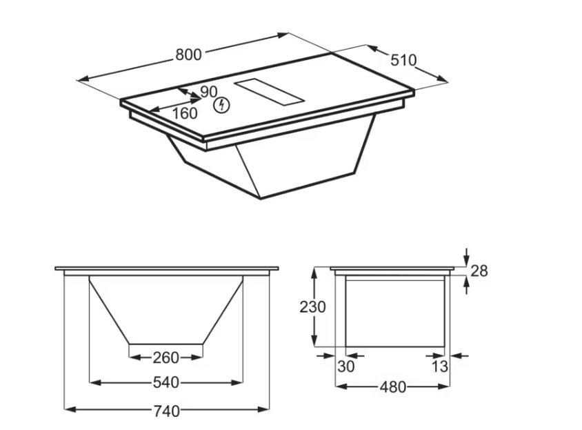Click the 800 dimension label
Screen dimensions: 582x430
click(188, 55)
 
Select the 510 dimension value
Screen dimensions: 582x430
click(403, 60)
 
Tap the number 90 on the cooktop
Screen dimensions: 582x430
click(209, 92)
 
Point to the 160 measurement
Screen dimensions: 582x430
click(185, 113)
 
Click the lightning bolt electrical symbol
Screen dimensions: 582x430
click(221, 105)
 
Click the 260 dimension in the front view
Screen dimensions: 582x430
click(166, 358)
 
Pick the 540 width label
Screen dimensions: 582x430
click(166, 382)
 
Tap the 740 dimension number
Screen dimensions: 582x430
click(167, 411)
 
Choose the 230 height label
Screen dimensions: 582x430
click(312, 307)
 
